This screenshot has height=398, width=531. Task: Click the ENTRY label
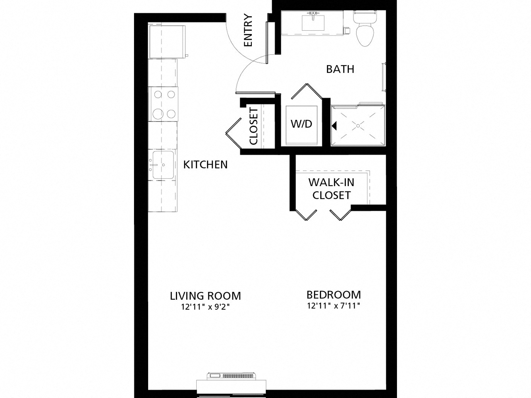click(248, 30)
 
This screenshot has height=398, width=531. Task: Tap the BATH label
click(340, 69)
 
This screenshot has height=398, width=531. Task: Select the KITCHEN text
click(205, 165)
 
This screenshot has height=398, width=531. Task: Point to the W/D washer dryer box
click(301, 124)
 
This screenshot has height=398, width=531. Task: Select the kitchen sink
click(163, 165)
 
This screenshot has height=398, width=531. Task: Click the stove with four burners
click(163, 104)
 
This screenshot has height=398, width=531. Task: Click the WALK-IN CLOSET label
click(331, 189)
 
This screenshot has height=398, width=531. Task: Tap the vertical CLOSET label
click(253, 126)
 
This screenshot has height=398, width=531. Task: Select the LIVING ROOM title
click(205, 296)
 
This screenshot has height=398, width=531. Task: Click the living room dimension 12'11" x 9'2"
click(205, 307)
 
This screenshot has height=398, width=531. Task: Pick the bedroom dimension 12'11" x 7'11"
click(334, 306)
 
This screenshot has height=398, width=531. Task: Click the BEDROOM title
click(334, 295)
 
